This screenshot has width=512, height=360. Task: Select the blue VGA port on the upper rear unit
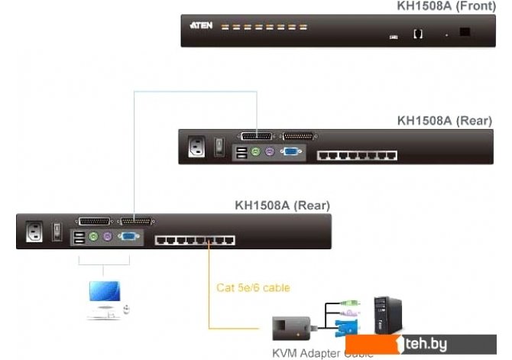point(290,153)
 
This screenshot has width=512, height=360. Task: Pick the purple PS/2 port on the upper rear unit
point(269,152)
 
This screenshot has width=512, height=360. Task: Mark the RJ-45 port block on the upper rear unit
point(357,155)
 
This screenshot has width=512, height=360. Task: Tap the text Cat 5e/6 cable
point(253,288)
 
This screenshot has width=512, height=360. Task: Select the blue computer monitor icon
point(103,293)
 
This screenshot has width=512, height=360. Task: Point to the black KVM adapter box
point(291,328)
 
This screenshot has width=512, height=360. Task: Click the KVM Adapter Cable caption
point(322,353)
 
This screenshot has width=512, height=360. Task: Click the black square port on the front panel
point(465,33)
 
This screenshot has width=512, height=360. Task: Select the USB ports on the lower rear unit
point(79,238)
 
